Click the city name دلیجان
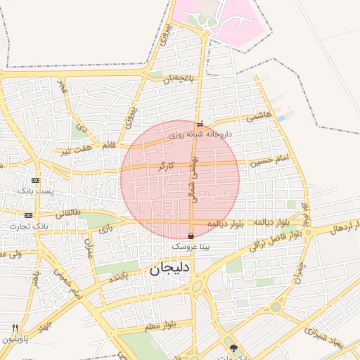pos(166,268)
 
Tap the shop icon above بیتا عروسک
pos(191,236)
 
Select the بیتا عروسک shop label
pos(191,248)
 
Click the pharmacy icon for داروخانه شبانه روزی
pos(200,124)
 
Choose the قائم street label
pos(109,146)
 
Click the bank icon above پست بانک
pos(36,181)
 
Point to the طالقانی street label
pos(68,212)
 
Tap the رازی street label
pos(105,229)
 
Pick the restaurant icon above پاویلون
pos(15,328)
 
